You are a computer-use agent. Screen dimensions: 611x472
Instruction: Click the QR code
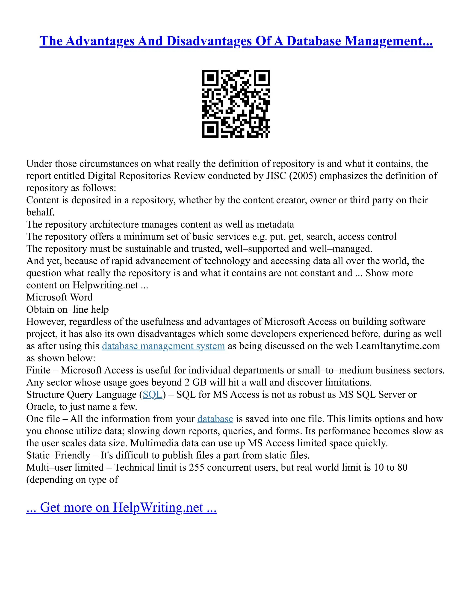(236, 104)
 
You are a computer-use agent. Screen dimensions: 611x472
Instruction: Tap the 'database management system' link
(163, 346)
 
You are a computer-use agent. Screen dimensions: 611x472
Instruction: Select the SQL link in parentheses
(152, 395)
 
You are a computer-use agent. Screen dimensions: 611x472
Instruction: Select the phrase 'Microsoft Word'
(59, 297)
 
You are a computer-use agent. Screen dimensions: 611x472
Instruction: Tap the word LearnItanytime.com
(398, 346)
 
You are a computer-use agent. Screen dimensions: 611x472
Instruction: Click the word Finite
(38, 371)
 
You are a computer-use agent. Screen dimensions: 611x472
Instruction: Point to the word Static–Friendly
(58, 455)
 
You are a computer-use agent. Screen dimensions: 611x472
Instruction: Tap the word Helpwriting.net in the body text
(105, 285)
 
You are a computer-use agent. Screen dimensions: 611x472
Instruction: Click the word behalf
(40, 212)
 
